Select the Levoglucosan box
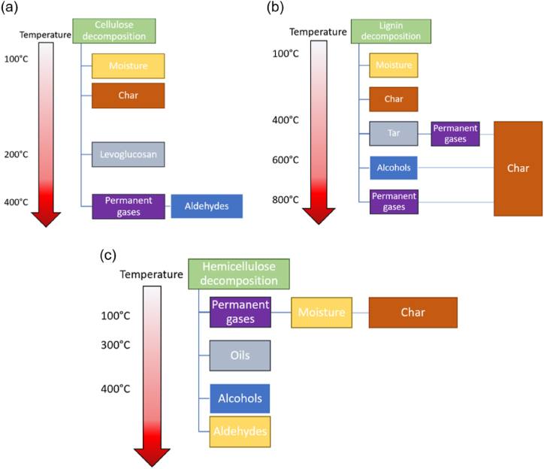128,154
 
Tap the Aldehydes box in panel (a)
207,206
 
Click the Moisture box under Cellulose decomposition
128,66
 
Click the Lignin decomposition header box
391,31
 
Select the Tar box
393,133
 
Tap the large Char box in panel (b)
518,168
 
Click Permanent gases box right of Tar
455,134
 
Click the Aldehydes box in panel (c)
240,432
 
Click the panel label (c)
108,254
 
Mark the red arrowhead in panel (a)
46,217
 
